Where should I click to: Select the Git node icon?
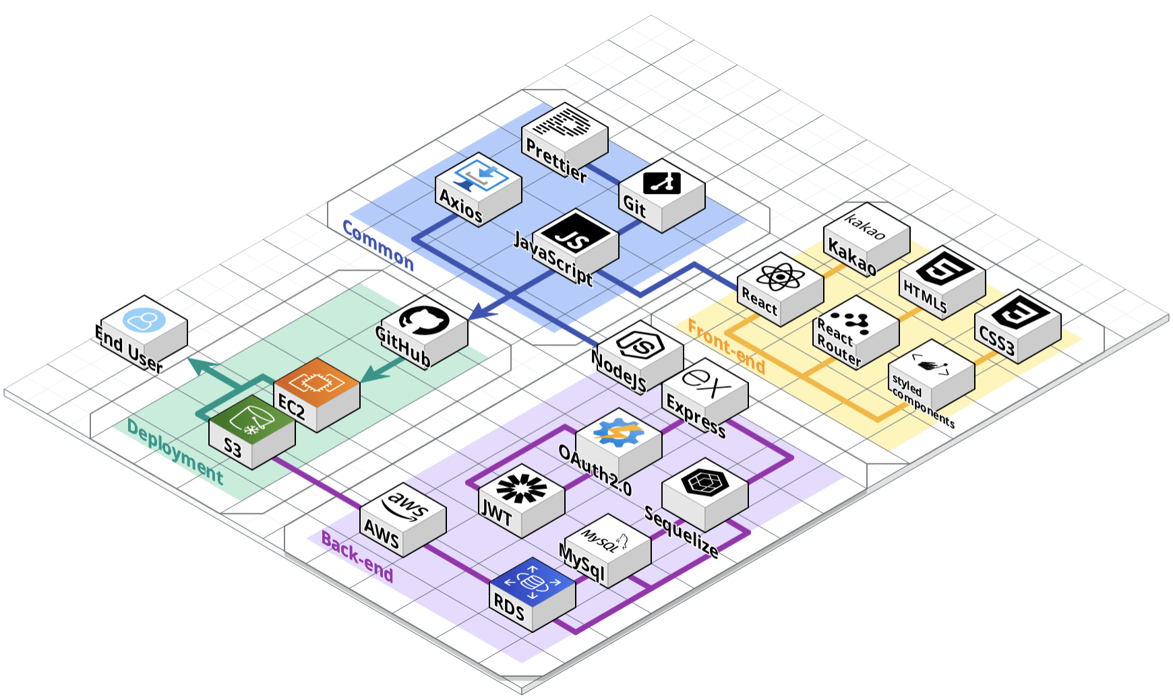point(661,182)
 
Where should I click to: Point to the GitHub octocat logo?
point(424,319)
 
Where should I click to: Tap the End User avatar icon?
point(144,319)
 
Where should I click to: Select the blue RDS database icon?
point(532,580)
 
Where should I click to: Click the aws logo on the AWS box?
point(403,506)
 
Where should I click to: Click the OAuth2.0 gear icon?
point(618,432)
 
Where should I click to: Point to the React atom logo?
point(780,275)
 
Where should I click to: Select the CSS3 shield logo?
point(1017,314)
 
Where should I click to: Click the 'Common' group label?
point(378,245)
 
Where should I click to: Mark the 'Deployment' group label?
point(175,452)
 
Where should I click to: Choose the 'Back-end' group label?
point(357,556)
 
